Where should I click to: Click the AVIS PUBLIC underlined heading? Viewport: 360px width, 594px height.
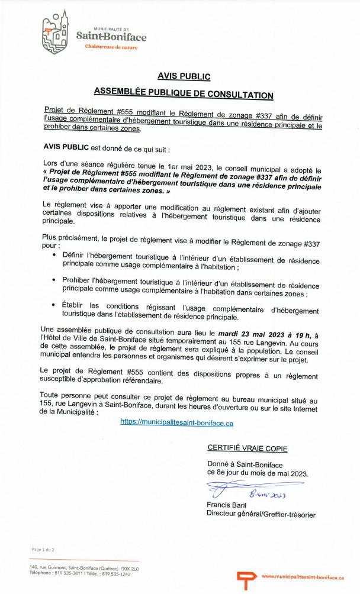184,76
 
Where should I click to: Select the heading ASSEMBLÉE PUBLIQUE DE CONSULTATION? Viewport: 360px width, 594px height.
184,95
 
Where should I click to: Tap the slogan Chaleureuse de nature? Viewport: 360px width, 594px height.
111,47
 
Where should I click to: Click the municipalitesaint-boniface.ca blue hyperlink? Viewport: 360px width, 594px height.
176,423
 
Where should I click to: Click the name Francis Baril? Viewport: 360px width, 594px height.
227,505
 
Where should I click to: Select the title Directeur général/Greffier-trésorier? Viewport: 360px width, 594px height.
261,515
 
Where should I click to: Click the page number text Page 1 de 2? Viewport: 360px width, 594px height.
43,550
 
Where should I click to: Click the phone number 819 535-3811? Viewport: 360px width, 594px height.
69,574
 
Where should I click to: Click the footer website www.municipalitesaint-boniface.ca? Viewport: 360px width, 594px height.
303,577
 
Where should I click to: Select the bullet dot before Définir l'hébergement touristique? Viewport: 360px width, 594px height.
54,255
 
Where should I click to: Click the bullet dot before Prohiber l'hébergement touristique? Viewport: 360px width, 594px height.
54,280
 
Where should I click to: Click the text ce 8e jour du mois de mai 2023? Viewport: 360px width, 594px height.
258,473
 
